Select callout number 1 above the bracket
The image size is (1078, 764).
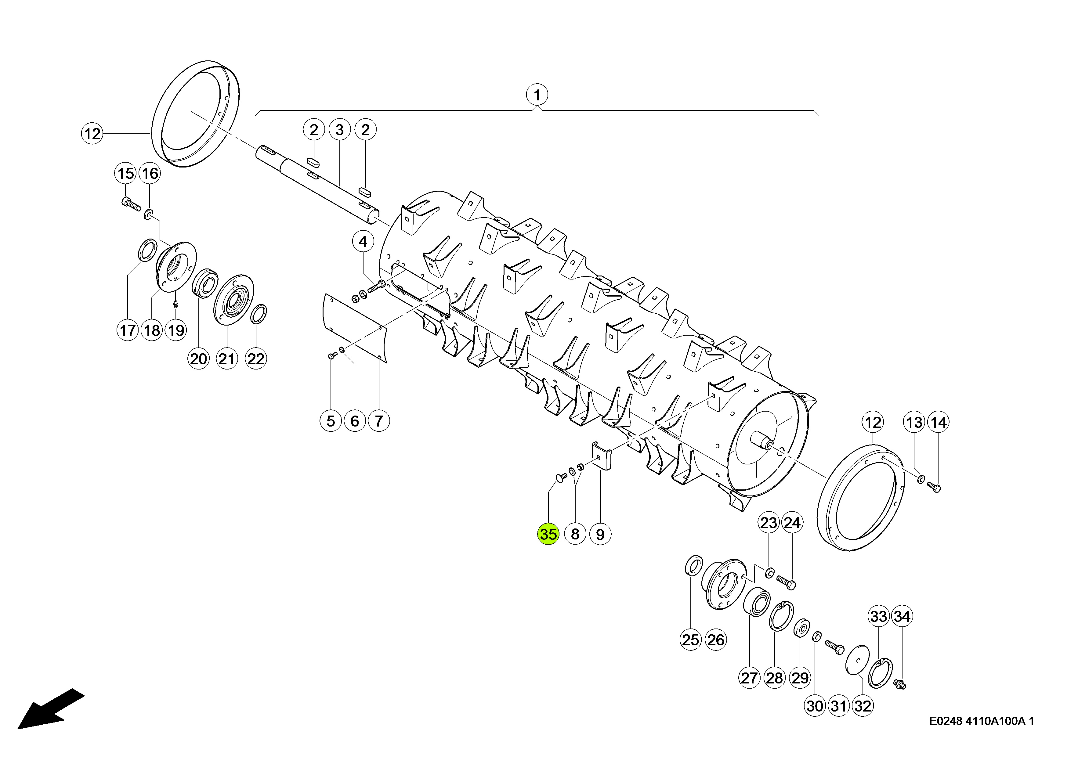537,95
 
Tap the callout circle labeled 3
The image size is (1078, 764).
340,130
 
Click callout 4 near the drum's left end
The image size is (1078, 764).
363,242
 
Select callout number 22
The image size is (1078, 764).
256,359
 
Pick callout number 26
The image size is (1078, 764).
716,640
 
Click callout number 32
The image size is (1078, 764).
863,706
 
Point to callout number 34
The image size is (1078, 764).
902,616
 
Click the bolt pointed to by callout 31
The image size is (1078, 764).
834,649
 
